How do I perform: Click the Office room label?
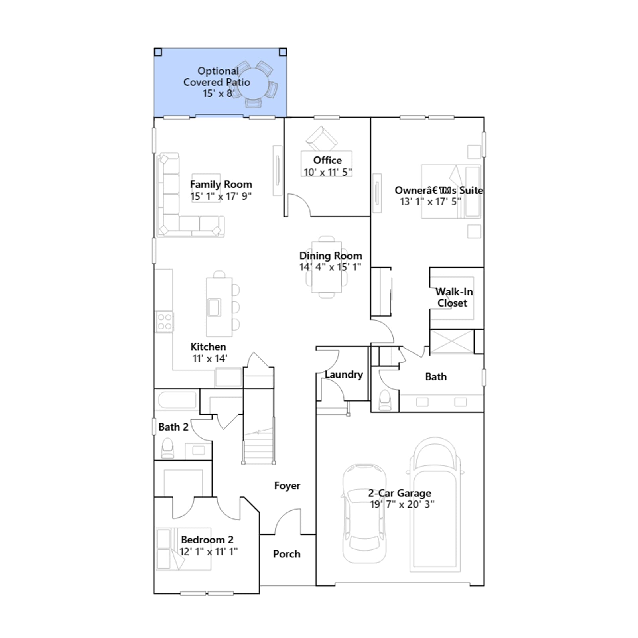click(x=327, y=160)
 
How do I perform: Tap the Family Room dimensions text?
click(x=221, y=197)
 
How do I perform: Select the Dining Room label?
click(x=331, y=256)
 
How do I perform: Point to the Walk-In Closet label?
click(x=454, y=297)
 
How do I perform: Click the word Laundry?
click(x=344, y=374)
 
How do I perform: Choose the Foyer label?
click(x=287, y=486)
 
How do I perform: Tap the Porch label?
click(x=287, y=554)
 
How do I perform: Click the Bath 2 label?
click(x=173, y=427)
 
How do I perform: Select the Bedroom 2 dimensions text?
click(x=209, y=552)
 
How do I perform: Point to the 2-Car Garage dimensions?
click(x=402, y=504)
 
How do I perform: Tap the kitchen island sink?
click(x=214, y=307)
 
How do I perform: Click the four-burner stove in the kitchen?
click(x=164, y=321)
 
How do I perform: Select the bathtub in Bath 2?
click(x=177, y=400)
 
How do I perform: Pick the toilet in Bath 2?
click(x=168, y=449)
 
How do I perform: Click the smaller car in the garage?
click(x=364, y=514)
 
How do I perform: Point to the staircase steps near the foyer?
click(x=259, y=441)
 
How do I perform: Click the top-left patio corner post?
click(x=158, y=52)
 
